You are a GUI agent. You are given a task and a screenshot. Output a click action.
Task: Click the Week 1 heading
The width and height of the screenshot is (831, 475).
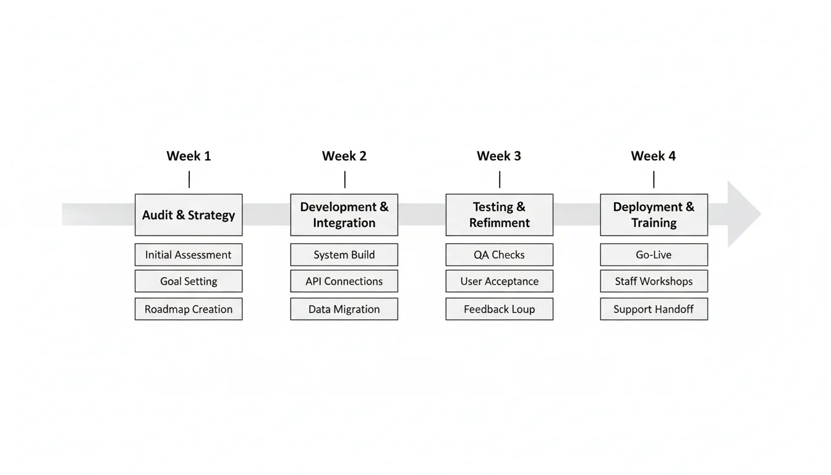click(x=189, y=156)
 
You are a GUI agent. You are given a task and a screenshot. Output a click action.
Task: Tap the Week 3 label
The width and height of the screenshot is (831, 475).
click(x=498, y=156)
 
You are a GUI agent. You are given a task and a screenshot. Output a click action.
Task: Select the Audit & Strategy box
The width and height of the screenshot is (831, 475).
click(x=189, y=215)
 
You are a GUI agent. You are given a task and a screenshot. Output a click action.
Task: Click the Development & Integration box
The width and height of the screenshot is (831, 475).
click(x=344, y=215)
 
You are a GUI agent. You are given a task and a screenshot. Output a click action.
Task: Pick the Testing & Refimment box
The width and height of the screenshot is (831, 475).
click(x=499, y=215)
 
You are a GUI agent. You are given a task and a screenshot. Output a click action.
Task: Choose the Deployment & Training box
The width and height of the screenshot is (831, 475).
click(x=654, y=215)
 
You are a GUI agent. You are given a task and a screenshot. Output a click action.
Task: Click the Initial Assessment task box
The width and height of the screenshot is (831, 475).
click(x=189, y=255)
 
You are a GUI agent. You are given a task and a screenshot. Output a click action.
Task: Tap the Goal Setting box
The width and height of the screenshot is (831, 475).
click(x=189, y=281)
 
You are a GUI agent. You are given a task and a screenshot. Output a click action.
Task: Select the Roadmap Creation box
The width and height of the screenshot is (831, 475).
click(x=189, y=309)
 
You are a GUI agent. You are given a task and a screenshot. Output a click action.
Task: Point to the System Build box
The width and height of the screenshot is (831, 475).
click(x=344, y=255)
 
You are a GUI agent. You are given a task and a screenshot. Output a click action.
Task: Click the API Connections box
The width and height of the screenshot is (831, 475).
click(x=344, y=281)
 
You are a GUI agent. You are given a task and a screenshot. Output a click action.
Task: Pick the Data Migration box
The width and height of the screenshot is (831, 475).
click(x=344, y=309)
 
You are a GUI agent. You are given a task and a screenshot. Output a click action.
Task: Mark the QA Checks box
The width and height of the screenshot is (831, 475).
click(x=499, y=255)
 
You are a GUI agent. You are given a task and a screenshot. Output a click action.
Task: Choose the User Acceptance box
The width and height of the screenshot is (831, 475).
click(x=499, y=281)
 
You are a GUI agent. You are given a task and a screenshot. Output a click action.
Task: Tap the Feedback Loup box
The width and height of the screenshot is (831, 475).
click(x=499, y=309)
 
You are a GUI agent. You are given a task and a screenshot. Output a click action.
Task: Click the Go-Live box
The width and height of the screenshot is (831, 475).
click(x=654, y=255)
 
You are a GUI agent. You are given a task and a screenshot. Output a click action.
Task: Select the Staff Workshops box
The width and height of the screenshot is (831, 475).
click(x=654, y=281)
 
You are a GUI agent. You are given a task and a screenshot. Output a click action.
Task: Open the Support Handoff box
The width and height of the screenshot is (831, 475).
click(x=654, y=309)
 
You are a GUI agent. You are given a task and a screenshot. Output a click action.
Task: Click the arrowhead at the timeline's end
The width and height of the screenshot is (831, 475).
click(x=742, y=215)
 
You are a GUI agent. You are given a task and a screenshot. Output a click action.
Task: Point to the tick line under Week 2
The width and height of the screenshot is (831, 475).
click(x=344, y=179)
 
